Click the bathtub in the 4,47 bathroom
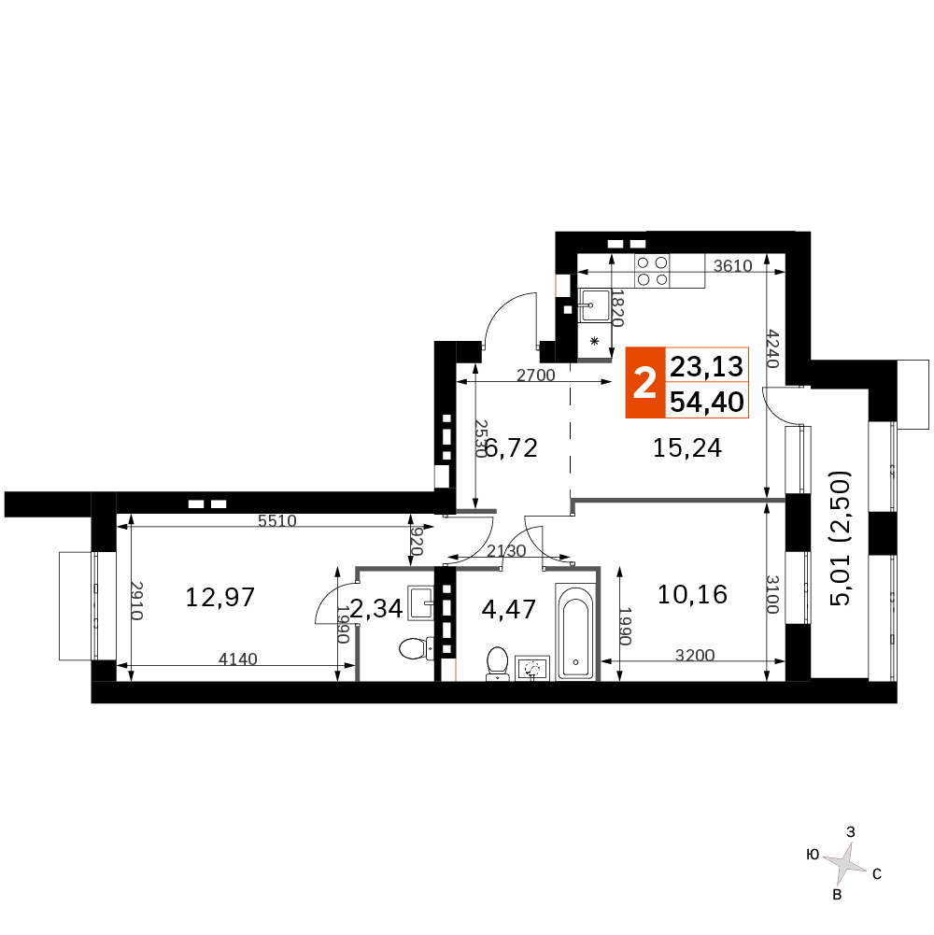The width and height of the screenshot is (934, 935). (x=575, y=631)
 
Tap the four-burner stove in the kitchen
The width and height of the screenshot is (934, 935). (x=652, y=271)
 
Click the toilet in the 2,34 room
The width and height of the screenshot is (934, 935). (x=417, y=648)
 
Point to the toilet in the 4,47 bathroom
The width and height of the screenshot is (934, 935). (x=497, y=664)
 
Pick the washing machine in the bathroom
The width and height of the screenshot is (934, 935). (x=532, y=669)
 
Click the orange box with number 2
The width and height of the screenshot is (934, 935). (x=644, y=382)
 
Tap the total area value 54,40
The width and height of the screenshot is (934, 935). (x=707, y=402)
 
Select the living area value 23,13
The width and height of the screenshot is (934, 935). (x=707, y=366)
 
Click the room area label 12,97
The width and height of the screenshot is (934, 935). (x=220, y=597)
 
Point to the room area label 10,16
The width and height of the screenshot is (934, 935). (x=692, y=594)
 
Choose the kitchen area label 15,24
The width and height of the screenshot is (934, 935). (x=687, y=447)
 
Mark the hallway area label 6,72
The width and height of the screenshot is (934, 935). (x=512, y=447)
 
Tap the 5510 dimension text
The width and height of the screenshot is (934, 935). (x=277, y=520)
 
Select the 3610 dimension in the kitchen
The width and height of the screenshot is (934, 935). (x=733, y=265)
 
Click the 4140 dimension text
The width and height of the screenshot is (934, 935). (x=238, y=659)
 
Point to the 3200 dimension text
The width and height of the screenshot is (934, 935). (x=695, y=656)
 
